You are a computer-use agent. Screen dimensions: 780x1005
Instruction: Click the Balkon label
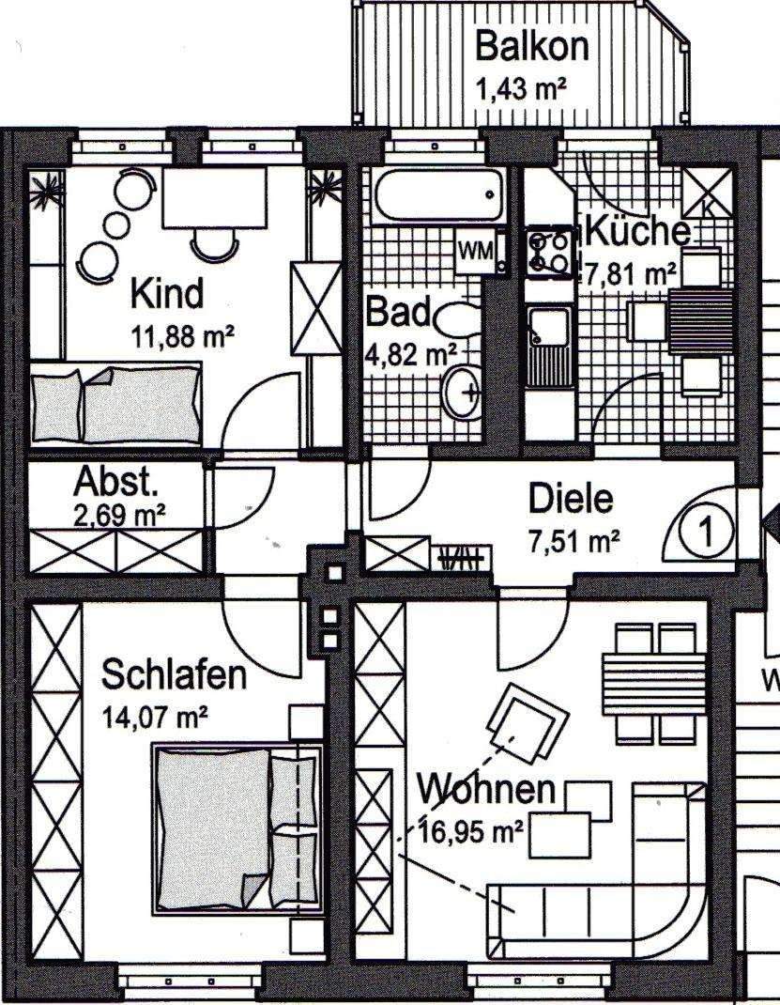pyautogui.click(x=531, y=45)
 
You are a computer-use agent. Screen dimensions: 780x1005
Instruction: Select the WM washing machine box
pyautogui.click(x=475, y=251)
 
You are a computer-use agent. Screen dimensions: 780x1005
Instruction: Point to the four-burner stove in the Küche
pyautogui.click(x=550, y=252)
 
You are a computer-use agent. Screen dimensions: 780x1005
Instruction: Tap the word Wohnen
pyautogui.click(x=487, y=789)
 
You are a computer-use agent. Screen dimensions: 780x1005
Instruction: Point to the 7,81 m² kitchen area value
pyautogui.click(x=631, y=274)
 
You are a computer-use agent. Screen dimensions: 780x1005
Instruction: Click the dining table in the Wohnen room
pyautogui.click(x=649, y=673)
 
